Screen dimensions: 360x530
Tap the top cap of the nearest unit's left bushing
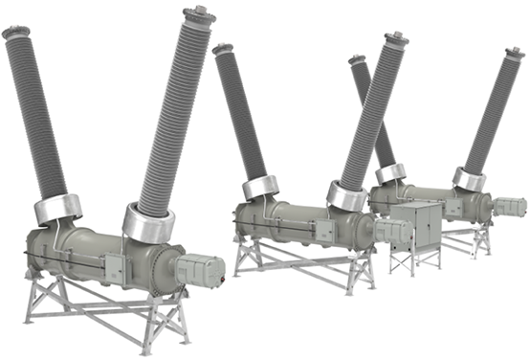click(16, 32)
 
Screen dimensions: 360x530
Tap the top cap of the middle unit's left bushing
click(223, 48)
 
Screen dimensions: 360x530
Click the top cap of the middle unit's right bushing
click(395, 40)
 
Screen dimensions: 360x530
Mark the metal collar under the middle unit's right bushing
click(346, 195)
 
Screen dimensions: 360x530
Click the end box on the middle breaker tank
click(391, 231)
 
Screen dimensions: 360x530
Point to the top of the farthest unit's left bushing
click(357, 61)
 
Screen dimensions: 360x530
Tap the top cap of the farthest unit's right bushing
click(514, 53)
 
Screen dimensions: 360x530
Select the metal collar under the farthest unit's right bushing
click(469, 178)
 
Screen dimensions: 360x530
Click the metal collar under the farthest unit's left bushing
click(390, 173)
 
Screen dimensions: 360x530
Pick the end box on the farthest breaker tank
click(511, 206)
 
